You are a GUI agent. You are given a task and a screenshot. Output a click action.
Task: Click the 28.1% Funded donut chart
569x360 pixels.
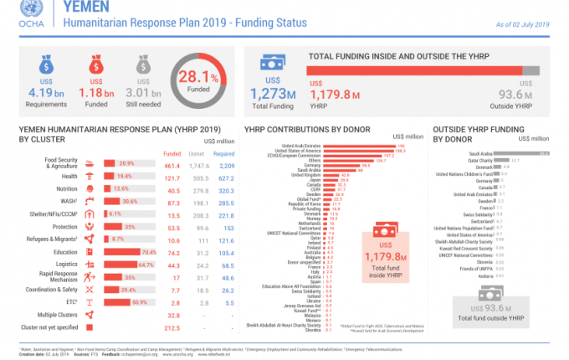tap(202, 81)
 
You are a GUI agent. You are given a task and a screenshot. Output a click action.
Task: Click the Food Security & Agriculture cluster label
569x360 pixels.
tap(61, 163)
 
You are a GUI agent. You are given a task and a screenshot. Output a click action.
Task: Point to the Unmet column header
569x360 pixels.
tap(198, 154)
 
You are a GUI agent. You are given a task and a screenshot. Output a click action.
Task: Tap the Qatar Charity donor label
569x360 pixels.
tap(478, 160)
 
